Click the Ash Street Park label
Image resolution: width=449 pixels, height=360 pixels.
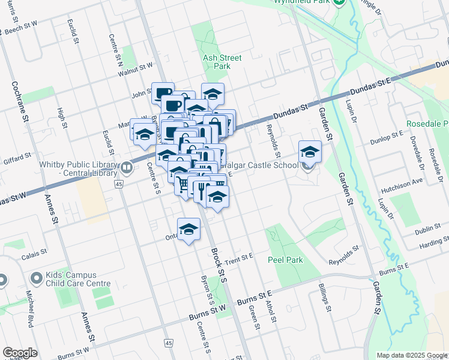pos(222,62)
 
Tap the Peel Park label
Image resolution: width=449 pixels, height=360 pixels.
pos(285,260)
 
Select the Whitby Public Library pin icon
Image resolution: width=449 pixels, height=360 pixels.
pos(127,167)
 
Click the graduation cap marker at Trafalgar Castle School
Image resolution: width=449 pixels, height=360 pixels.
pos(310,151)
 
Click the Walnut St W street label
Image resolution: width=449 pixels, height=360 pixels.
pos(136,70)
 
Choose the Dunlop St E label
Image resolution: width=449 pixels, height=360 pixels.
pos(388,136)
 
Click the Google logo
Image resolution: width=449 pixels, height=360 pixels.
pos(20,353)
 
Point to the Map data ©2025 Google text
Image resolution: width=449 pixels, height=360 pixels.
pos(412,355)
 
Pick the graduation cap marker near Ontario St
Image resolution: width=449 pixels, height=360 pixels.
pos(188,229)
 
